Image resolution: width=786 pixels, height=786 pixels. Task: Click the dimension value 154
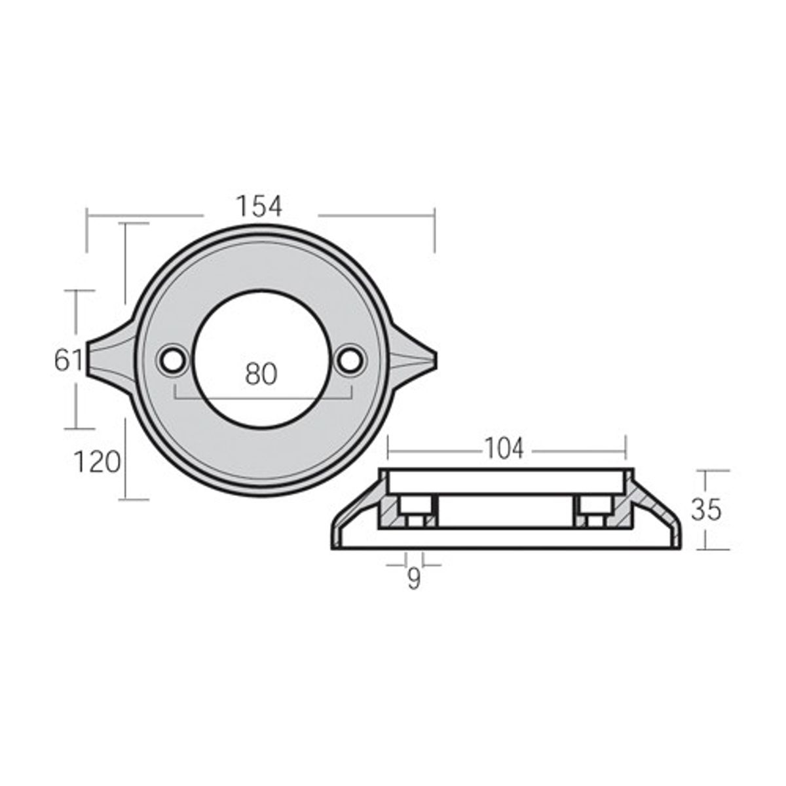coord(259,206)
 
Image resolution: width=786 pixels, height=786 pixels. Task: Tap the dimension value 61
coord(67,360)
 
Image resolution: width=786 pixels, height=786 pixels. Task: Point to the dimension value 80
coord(261,374)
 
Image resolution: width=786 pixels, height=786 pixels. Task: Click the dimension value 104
coord(504,449)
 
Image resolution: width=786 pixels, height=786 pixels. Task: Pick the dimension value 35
coord(706,510)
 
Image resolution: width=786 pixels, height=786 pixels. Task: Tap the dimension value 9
coord(414,580)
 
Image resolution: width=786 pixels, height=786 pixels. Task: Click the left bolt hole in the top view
coord(173,359)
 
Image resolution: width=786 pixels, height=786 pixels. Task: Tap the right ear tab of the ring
coord(413,359)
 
